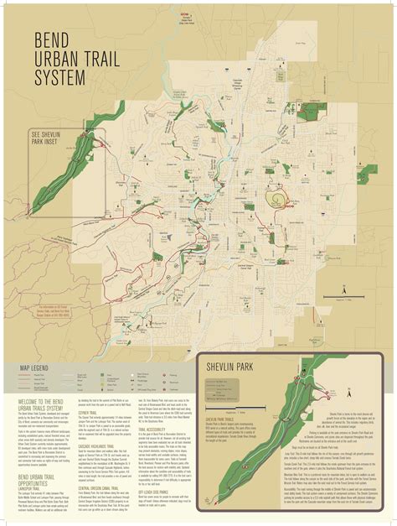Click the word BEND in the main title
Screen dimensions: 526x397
(x=51, y=41)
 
